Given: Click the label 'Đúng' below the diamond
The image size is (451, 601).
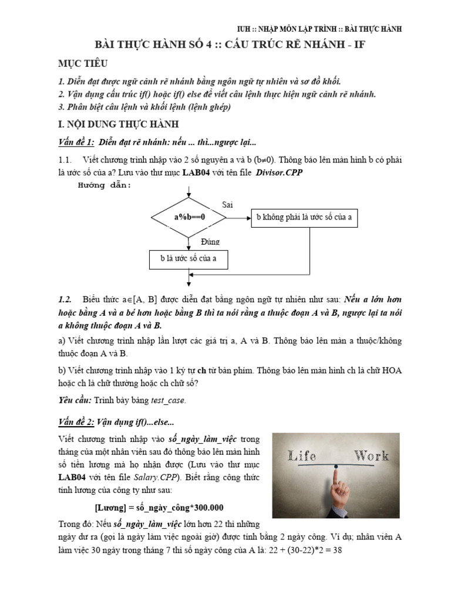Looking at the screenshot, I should (210, 241).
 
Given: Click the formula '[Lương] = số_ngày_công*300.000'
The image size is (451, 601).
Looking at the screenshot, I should (159, 507).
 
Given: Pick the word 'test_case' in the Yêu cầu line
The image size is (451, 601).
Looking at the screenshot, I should (167, 400).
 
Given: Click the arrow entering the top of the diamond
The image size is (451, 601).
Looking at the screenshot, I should (189, 194).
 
